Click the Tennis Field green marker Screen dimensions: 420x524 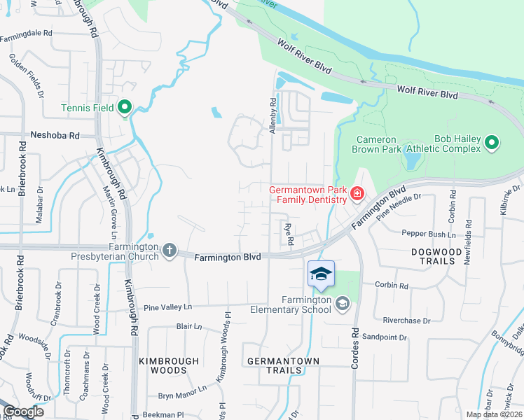tap(125, 107)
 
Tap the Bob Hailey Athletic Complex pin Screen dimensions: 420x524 tap(492, 143)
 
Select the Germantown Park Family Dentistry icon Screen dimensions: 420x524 tap(357, 193)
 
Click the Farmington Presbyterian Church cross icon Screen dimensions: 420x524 tap(170, 251)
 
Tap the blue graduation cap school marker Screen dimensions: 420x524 tap(321, 274)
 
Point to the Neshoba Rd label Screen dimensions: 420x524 tap(55, 135)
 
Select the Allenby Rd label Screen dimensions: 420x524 tap(273, 115)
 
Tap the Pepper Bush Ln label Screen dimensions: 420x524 tap(428, 234)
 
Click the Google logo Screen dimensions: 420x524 tap(22, 411)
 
